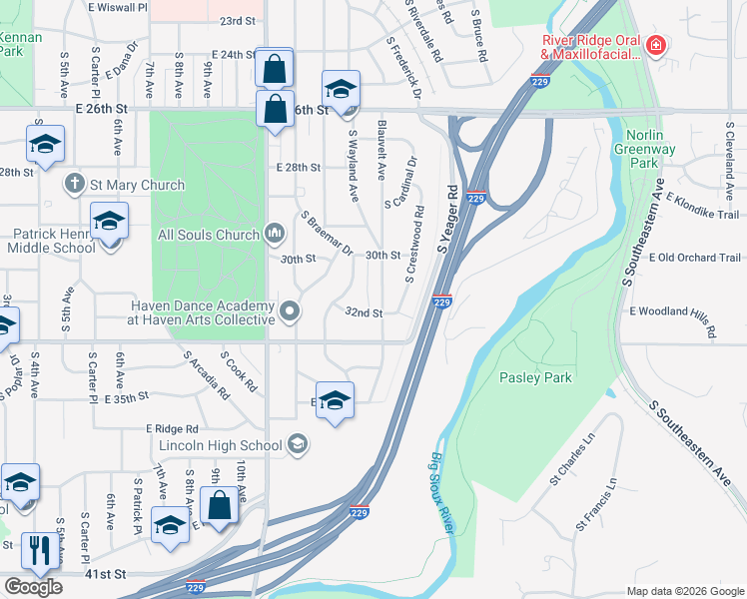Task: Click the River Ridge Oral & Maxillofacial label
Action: [585, 46]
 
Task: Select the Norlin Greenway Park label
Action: [650, 149]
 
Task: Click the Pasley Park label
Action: [536, 377]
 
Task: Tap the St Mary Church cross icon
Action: [74, 185]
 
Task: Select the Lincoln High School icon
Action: [297, 444]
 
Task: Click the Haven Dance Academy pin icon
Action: [290, 311]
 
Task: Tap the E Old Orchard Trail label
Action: [694, 258]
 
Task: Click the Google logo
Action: [33, 587]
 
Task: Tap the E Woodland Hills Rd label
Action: [674, 317]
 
